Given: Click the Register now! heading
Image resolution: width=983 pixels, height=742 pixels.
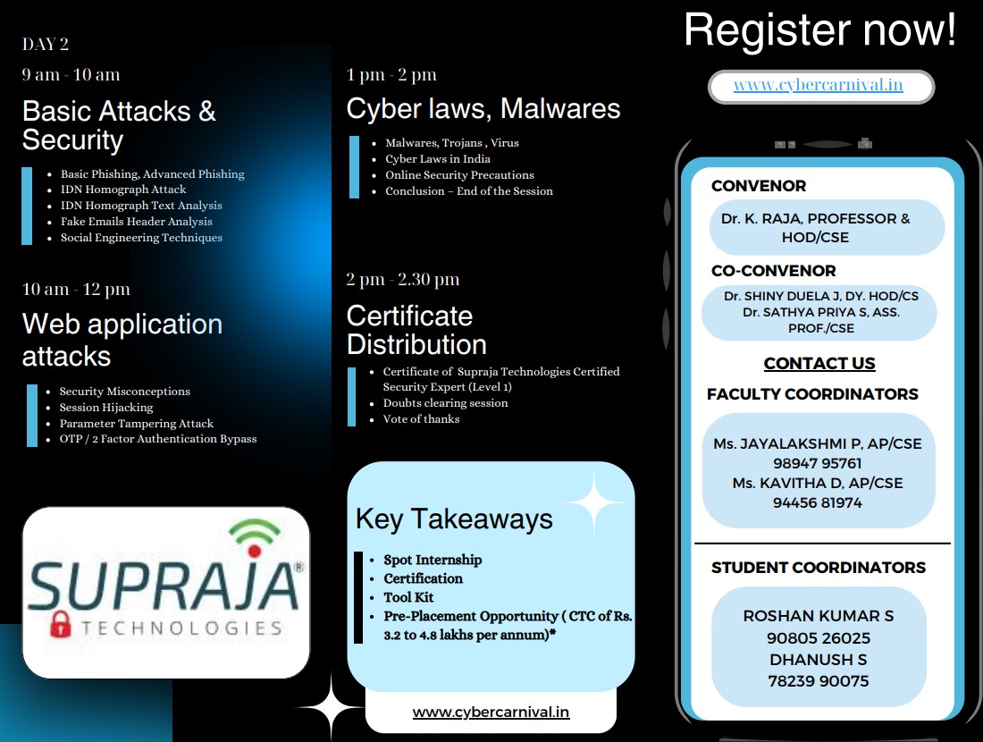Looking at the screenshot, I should click(819, 31).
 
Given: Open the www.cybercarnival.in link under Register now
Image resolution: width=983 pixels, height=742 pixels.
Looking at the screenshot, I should click(818, 86).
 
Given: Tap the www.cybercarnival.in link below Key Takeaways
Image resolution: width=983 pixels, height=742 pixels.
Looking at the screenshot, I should click(491, 712).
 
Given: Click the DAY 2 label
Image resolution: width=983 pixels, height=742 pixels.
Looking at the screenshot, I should click(46, 45).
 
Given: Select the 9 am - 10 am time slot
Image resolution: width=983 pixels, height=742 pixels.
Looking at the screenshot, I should click(71, 75).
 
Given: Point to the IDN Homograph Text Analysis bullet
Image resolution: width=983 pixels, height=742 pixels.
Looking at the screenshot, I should click(141, 206).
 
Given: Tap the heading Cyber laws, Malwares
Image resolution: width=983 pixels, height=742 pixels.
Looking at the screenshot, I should click(483, 109).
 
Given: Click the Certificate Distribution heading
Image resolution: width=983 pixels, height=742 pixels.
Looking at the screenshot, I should click(416, 330).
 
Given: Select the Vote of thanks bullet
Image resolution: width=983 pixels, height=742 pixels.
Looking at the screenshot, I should click(421, 419).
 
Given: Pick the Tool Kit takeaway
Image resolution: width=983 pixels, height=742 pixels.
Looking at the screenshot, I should click(409, 597).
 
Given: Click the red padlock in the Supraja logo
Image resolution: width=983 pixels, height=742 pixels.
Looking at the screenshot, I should click(59, 624).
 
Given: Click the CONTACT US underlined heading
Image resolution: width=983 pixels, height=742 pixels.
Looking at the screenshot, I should click(819, 364).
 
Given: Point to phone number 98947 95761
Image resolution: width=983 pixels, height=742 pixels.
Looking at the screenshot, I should click(818, 463).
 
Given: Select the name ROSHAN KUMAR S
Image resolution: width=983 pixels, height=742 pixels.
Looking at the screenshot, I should click(819, 616).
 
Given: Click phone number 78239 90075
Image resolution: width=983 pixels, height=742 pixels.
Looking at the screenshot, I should click(819, 681).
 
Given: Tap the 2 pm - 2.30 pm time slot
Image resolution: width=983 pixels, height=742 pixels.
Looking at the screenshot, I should click(403, 280).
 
